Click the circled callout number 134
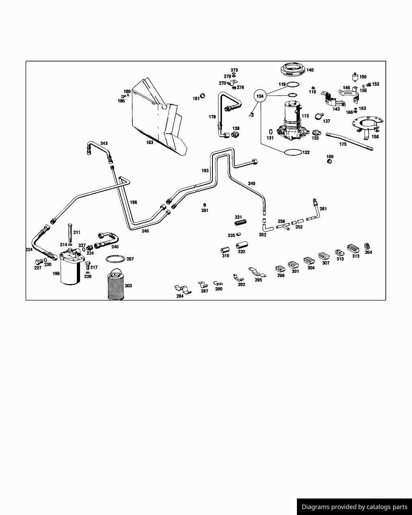tap(260, 96)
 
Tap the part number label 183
tap(150, 142)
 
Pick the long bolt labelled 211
tap(70, 232)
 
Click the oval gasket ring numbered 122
tap(293, 152)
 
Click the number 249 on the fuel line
tap(251, 183)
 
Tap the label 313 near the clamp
tap(356, 256)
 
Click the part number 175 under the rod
tap(343, 144)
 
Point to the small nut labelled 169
tap(330, 161)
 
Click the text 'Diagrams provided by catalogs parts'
tap(354, 507)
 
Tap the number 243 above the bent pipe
tap(104, 143)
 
